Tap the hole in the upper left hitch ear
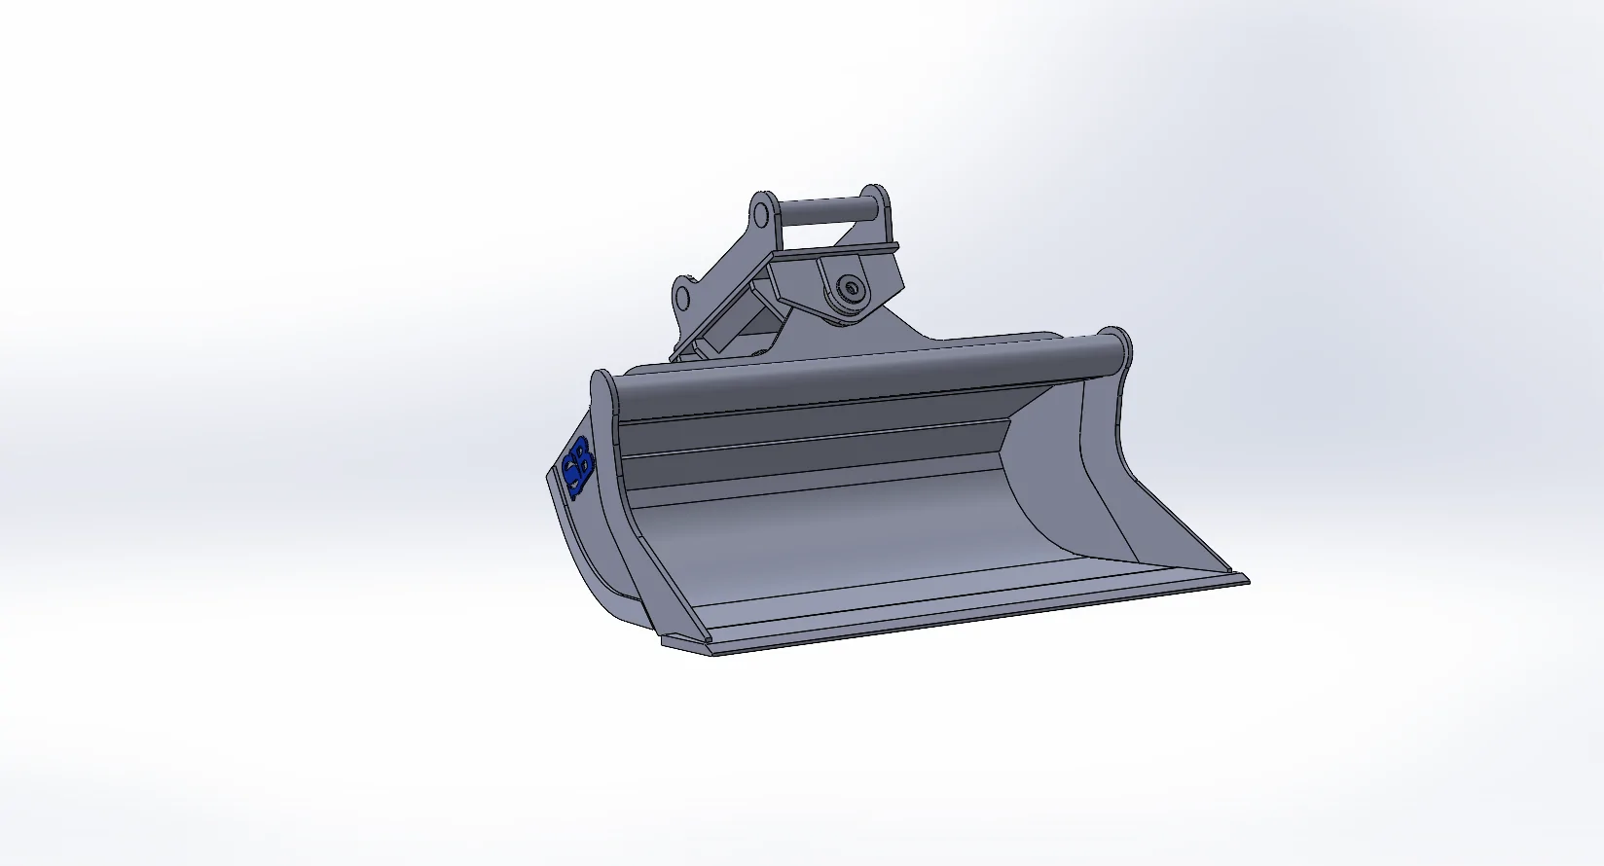[x=762, y=212]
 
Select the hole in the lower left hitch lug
[x=683, y=294]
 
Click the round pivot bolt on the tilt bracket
[x=852, y=288]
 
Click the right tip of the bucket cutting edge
[x=1244, y=580]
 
